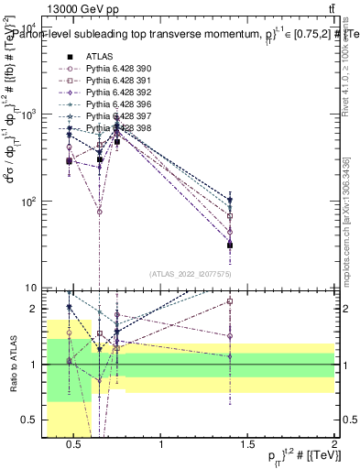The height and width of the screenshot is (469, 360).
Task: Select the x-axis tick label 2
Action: tap(333, 446)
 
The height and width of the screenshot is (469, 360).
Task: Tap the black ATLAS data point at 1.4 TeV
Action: tap(230, 245)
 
